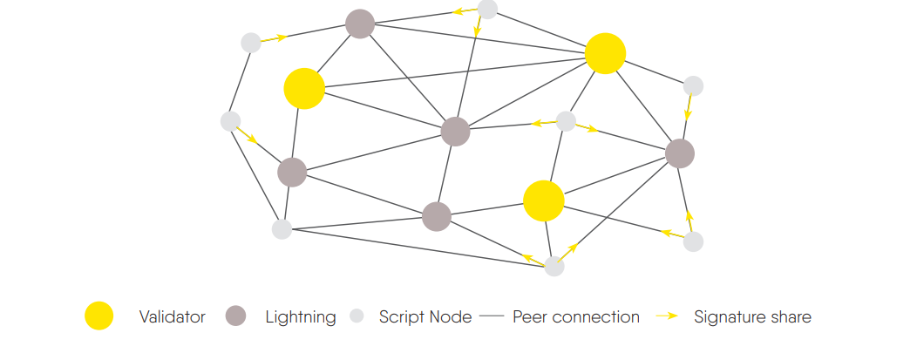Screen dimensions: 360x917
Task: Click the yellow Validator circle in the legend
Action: pyautogui.click(x=98, y=316)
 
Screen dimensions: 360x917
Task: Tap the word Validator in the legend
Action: pyautogui.click(x=172, y=317)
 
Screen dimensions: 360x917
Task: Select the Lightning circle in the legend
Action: pyautogui.click(x=235, y=316)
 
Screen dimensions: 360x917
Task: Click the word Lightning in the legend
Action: pyautogui.click(x=300, y=317)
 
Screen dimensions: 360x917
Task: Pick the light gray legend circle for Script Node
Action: pyautogui.click(x=357, y=316)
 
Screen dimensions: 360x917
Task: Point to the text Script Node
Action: pyautogui.click(x=425, y=317)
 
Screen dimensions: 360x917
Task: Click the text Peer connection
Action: pyautogui.click(x=575, y=317)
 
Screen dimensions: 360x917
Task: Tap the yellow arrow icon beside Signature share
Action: pyautogui.click(x=667, y=316)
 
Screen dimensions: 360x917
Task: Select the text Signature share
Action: pyautogui.click(x=752, y=317)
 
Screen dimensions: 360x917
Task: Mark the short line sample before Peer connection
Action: pyautogui.click(x=492, y=317)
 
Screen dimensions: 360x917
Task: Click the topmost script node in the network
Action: pyautogui.click(x=488, y=9)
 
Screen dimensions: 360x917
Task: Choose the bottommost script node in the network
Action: pyautogui.click(x=554, y=267)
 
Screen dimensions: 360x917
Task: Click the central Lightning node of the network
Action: pyautogui.click(x=455, y=132)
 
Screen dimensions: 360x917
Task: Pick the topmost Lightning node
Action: pyautogui.click(x=360, y=24)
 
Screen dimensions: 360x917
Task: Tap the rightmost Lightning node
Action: pyautogui.click(x=679, y=153)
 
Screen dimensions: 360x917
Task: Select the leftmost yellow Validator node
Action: pyautogui.click(x=304, y=88)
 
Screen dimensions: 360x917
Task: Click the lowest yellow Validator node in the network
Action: pyautogui.click(x=544, y=201)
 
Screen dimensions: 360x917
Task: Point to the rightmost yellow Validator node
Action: pyautogui.click(x=605, y=54)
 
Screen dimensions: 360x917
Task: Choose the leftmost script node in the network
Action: pyautogui.click(x=230, y=121)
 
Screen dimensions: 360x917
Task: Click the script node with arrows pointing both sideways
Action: pyautogui.click(x=566, y=121)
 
